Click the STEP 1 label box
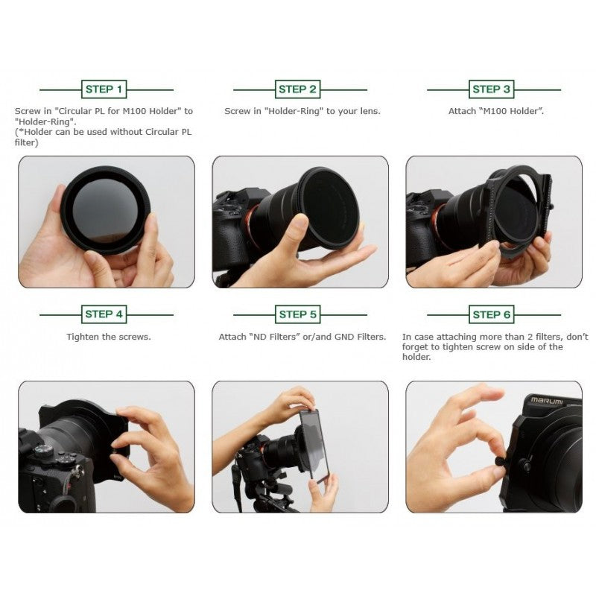click(104, 89)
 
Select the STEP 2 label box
click(298, 89)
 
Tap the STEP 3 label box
click(492, 89)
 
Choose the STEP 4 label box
click(104, 314)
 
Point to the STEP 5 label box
click(298, 314)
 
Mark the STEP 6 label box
click(492, 314)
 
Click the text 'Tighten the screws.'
click(109, 337)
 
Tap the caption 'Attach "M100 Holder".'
click(492, 111)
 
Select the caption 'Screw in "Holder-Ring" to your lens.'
click(302, 111)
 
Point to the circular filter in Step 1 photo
click(104, 210)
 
